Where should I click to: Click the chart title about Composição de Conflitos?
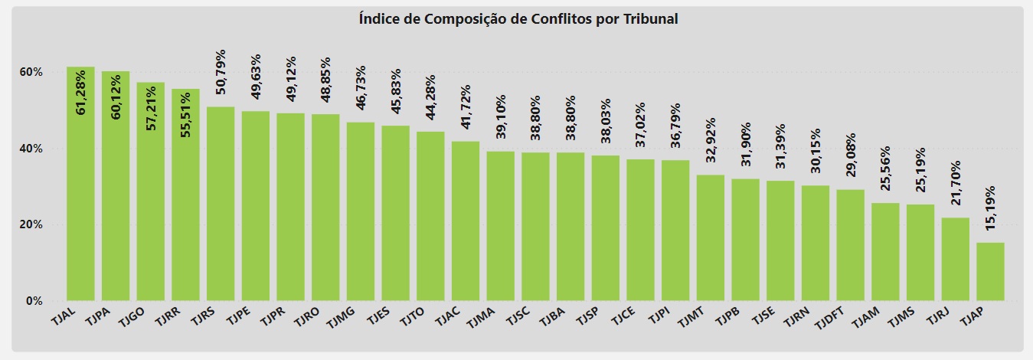pos(518,19)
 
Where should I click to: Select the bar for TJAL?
pos(80,184)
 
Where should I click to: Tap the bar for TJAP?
pos(990,271)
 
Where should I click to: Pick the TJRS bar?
pos(221,203)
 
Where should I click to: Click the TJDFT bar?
pos(850,244)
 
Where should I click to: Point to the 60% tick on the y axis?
pos(31,72)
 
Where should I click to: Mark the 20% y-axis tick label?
pos(31,224)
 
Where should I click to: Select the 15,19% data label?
pos(990,210)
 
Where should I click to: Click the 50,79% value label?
pos(221,73)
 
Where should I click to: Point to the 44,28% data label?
pos(431,98)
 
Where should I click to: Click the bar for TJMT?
pos(711,237)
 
